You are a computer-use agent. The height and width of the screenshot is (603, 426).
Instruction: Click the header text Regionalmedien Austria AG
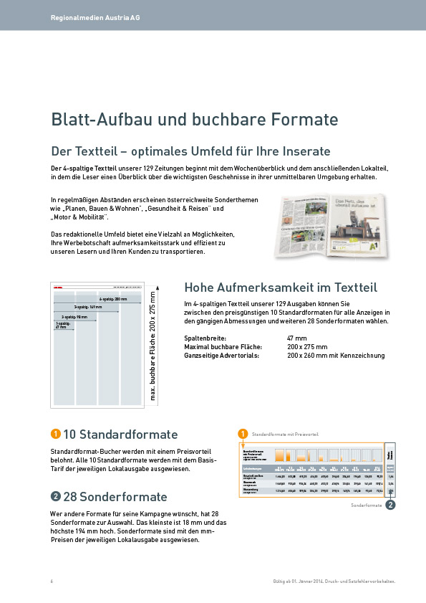coord(95,16)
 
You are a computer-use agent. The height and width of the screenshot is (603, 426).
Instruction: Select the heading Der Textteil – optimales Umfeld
coord(190,151)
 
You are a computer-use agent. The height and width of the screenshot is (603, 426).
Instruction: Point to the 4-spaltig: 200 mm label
coord(112,298)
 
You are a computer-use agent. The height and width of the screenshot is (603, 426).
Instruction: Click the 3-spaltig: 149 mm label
coord(87,307)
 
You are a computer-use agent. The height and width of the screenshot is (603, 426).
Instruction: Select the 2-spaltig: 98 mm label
coord(74,315)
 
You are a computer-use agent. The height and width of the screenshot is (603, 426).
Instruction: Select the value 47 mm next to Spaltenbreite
coord(296,338)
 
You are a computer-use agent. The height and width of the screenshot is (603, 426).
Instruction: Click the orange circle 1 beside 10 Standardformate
coord(55,434)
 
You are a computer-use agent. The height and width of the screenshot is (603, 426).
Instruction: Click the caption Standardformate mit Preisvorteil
coord(285,434)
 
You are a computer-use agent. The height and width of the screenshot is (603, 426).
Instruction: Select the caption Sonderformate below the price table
coord(366,505)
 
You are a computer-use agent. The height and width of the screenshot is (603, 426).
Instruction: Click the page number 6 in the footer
coord(52,581)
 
